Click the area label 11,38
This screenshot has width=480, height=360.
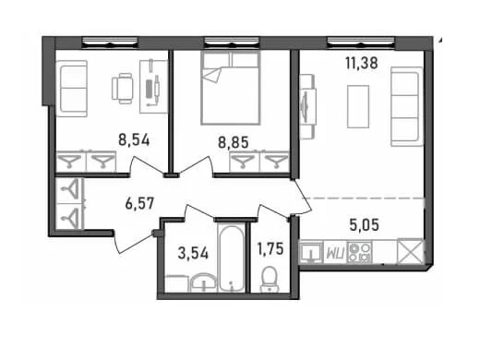(362, 64)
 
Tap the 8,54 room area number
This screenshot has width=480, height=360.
(134, 140)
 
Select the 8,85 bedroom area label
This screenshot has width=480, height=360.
(234, 142)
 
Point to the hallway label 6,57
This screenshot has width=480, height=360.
(139, 204)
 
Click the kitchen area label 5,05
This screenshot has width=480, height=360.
(365, 225)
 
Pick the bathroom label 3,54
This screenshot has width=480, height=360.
(193, 253)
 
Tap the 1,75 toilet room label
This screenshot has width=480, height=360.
(270, 248)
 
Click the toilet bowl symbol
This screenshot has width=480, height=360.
(269, 279)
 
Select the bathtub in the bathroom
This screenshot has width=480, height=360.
(233, 258)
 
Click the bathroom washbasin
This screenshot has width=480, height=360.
(203, 282)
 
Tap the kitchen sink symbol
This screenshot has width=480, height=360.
(311, 253)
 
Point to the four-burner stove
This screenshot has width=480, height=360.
(359, 252)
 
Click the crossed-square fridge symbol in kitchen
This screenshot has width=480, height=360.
(410, 251)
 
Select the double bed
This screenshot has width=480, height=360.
(230, 88)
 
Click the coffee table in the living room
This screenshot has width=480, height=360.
(358, 106)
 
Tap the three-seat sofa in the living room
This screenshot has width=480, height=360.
(407, 106)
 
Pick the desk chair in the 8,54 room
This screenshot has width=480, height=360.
(122, 89)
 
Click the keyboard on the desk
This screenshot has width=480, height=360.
(150, 89)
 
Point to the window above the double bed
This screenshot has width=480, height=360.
(232, 42)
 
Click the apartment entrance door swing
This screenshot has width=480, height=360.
(129, 243)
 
